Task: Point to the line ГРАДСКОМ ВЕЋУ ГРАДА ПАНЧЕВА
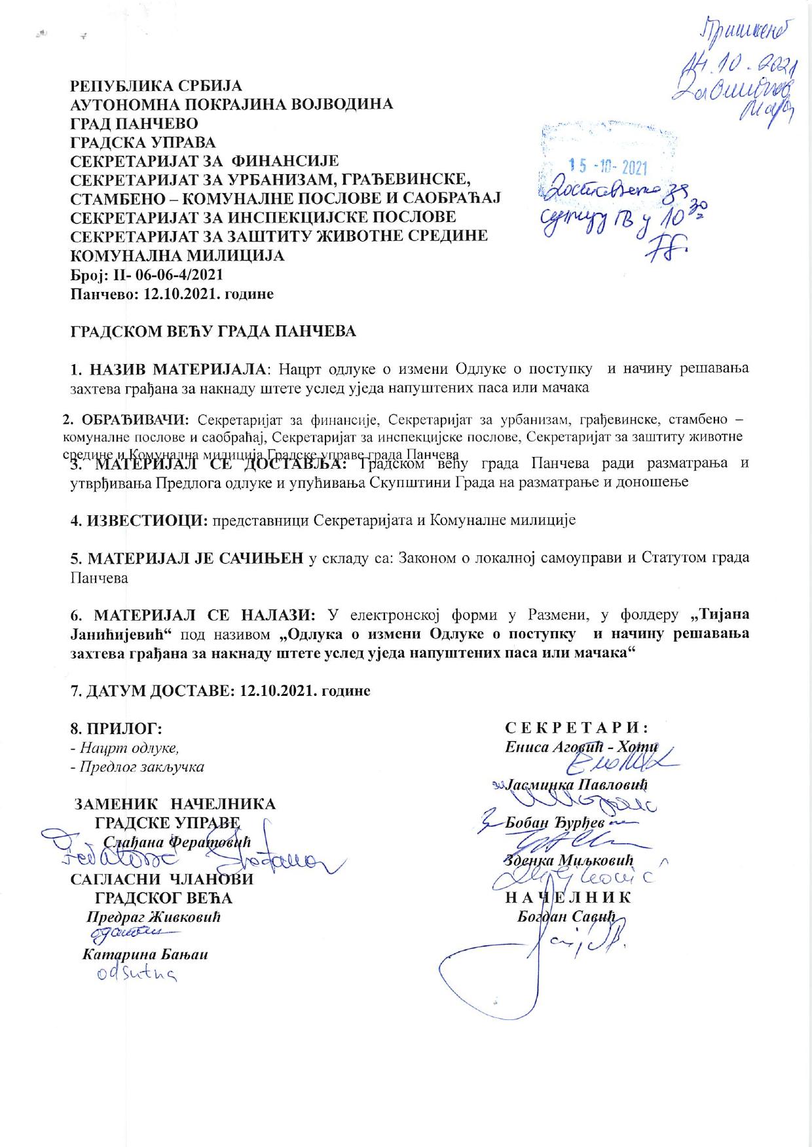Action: (213, 331)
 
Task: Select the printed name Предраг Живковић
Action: (153, 917)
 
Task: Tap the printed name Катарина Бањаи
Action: (145, 955)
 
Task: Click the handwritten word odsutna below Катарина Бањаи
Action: (135, 975)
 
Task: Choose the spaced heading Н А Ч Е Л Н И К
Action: (568, 898)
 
